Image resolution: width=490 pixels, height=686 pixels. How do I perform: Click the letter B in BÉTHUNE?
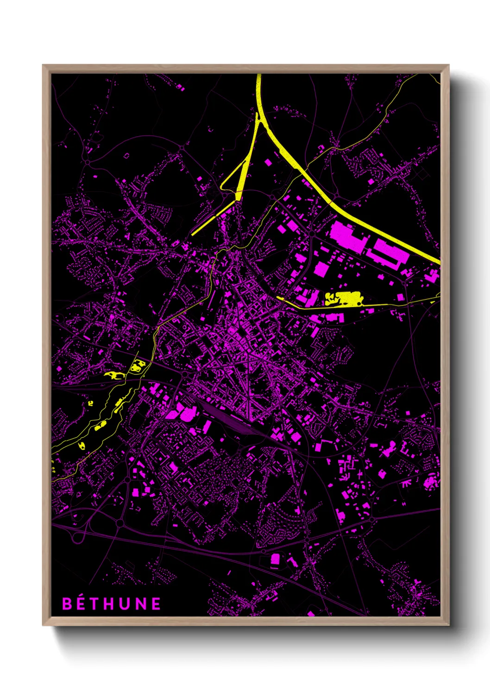(68, 603)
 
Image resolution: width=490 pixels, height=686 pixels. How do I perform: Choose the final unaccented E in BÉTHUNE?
(156, 603)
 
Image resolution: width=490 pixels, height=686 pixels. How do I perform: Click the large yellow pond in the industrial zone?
(345, 299)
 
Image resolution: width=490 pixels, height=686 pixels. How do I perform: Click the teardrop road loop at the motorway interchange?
(77, 538)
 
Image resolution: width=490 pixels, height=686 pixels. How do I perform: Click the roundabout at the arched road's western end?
(87, 162)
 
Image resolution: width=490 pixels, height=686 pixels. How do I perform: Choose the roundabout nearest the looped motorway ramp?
(119, 523)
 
